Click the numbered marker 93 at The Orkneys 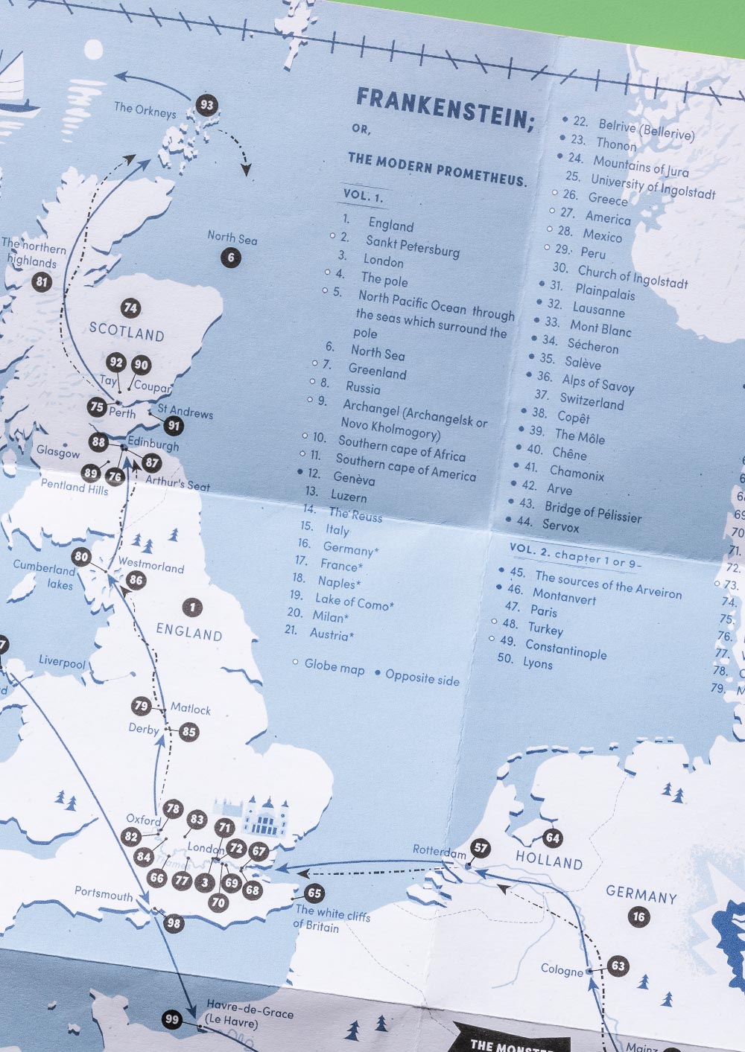point(206,105)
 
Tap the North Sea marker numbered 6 point(231,258)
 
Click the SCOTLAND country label point(127,331)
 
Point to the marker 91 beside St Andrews point(174,426)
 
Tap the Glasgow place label point(58,452)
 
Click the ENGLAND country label point(189,633)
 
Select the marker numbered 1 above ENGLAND point(193,607)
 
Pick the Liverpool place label point(63,662)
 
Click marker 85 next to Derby point(189,732)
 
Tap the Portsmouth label point(104,893)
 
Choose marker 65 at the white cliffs point(314,893)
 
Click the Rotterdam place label point(440,851)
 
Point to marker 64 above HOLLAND point(552,838)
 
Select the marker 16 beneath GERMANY point(638,916)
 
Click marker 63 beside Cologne point(618,966)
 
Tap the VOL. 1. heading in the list point(363,197)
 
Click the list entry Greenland point(377,370)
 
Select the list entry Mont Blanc point(600,328)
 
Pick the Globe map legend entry point(335,667)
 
